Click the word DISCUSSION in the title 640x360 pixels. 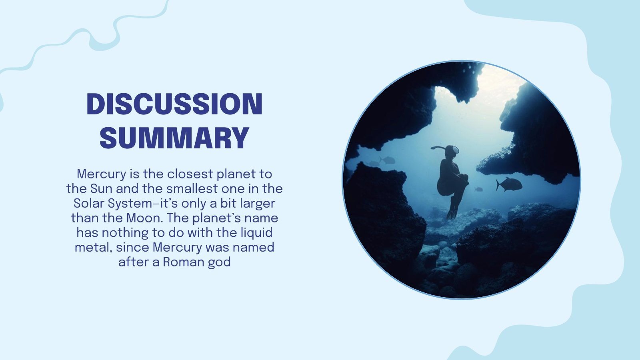[x=174, y=104]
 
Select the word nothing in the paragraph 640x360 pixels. [x=125, y=233]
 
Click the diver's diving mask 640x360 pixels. [x=455, y=150]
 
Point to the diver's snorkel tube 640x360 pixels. [x=438, y=148]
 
